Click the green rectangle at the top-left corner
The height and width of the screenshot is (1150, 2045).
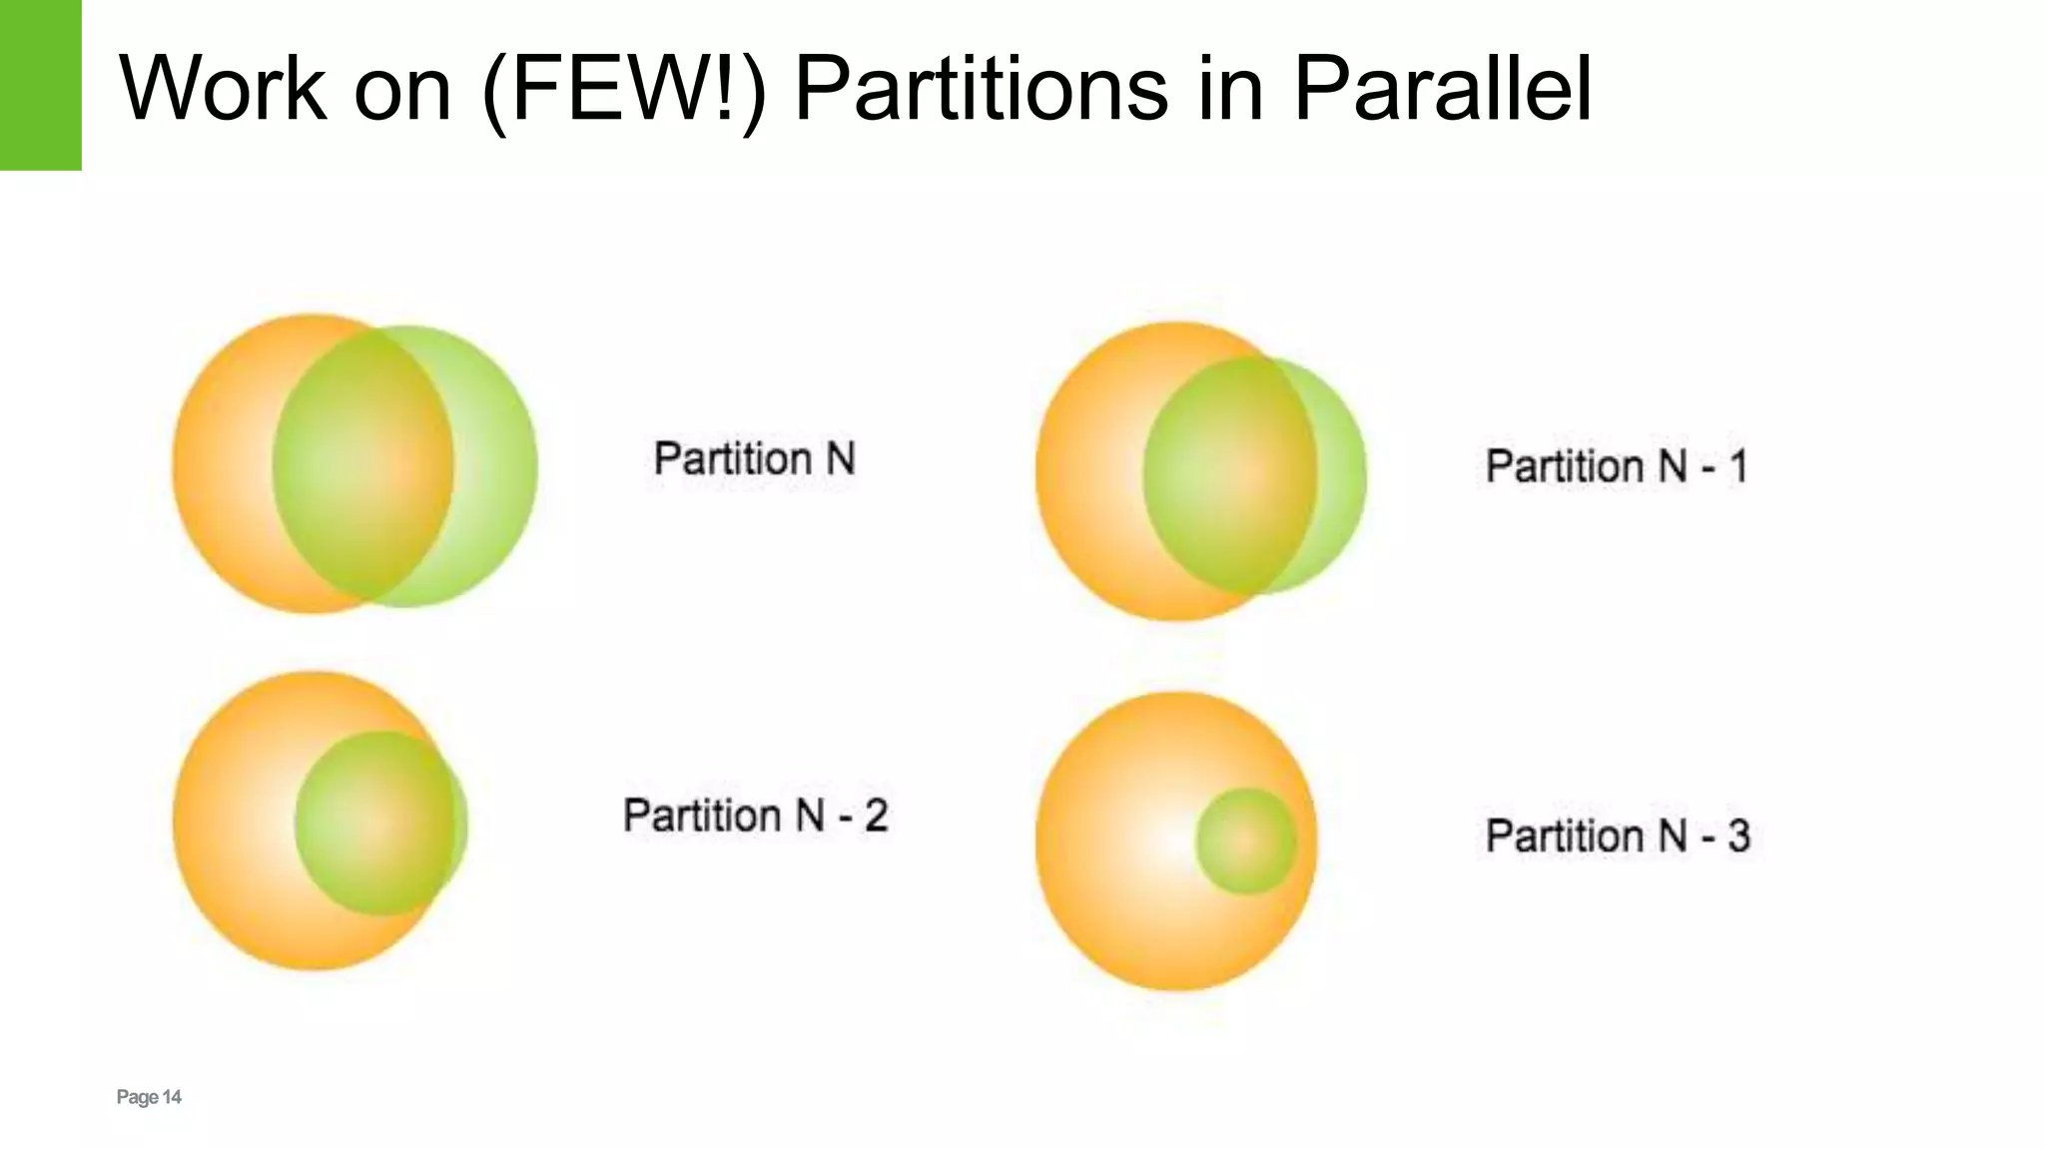coord(40,85)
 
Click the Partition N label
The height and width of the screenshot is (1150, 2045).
coord(754,459)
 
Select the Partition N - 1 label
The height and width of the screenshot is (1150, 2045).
coord(1617,466)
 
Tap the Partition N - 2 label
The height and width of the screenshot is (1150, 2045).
coord(755,816)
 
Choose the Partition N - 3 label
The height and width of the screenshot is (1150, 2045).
coord(1618,836)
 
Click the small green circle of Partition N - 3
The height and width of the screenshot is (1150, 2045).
coord(1246,842)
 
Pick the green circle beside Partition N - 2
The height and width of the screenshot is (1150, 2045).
coord(380,824)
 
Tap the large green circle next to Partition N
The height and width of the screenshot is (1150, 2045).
coord(405,466)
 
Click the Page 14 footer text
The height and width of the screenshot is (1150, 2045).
coord(149,1097)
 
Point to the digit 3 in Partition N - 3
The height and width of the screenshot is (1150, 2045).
coord(1738,836)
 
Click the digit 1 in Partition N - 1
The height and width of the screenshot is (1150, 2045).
coord(1737,466)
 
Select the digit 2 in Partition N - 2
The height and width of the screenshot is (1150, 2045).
coord(876,816)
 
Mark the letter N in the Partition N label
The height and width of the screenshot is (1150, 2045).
coord(840,459)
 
